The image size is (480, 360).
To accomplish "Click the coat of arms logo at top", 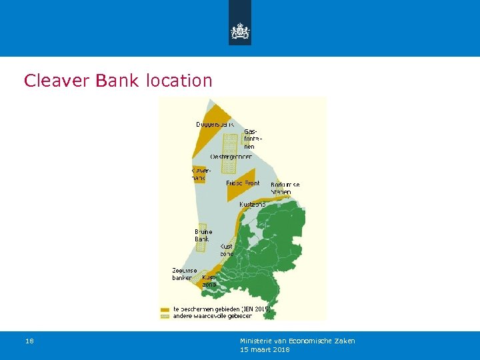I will click(x=240, y=31).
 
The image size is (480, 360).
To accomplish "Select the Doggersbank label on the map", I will click(x=215, y=124).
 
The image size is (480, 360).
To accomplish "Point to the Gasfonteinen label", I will click(x=251, y=139).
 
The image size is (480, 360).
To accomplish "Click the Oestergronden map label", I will click(x=231, y=156).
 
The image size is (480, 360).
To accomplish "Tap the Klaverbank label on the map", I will click(x=200, y=174).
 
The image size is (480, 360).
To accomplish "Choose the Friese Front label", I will click(x=243, y=183).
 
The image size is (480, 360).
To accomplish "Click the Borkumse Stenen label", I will click(x=285, y=188).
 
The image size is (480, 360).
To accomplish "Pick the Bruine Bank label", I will click(x=203, y=235).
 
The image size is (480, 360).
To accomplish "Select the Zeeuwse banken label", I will click(x=183, y=273).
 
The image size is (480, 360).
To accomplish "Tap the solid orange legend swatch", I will click(x=165, y=309).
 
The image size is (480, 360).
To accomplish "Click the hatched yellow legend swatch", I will click(x=165, y=316).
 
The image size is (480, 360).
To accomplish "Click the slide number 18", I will click(x=29, y=341).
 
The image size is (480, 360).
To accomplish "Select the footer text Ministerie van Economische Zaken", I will click(x=297, y=341).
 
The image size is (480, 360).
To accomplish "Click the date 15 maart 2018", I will click(x=265, y=349).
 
